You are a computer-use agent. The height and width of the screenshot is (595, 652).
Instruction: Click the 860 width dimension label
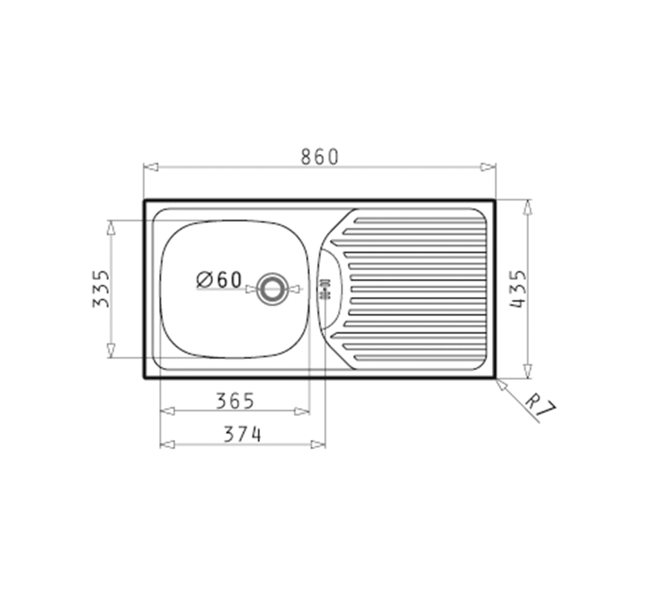click(320, 157)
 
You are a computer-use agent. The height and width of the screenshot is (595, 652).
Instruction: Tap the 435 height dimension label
click(518, 289)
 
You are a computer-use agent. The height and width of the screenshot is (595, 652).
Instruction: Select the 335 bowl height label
click(101, 289)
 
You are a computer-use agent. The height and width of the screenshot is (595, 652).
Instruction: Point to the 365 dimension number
click(235, 401)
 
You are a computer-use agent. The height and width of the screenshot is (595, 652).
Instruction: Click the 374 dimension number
click(242, 434)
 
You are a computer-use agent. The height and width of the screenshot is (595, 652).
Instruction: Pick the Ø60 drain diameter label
click(219, 280)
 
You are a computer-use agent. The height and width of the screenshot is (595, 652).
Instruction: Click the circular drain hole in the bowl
click(272, 289)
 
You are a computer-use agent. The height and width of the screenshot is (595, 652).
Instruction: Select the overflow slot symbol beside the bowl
click(325, 289)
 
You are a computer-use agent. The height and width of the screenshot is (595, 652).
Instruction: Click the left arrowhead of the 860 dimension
click(151, 167)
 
